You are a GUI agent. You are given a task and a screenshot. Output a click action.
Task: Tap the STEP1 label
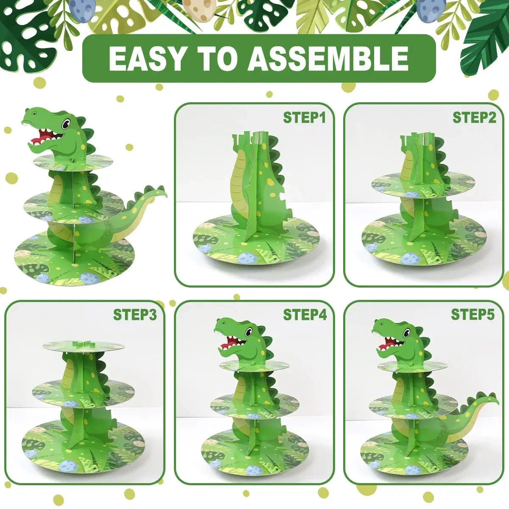304,117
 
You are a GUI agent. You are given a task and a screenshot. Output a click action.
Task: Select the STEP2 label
474,117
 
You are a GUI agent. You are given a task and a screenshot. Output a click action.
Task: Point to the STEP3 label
134,315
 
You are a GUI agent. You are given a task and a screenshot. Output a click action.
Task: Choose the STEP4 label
305,315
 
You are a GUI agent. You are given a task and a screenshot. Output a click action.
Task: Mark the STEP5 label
473,315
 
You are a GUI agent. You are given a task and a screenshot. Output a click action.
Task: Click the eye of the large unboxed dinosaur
66,124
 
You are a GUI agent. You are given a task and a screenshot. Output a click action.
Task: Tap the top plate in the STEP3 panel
84,346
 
